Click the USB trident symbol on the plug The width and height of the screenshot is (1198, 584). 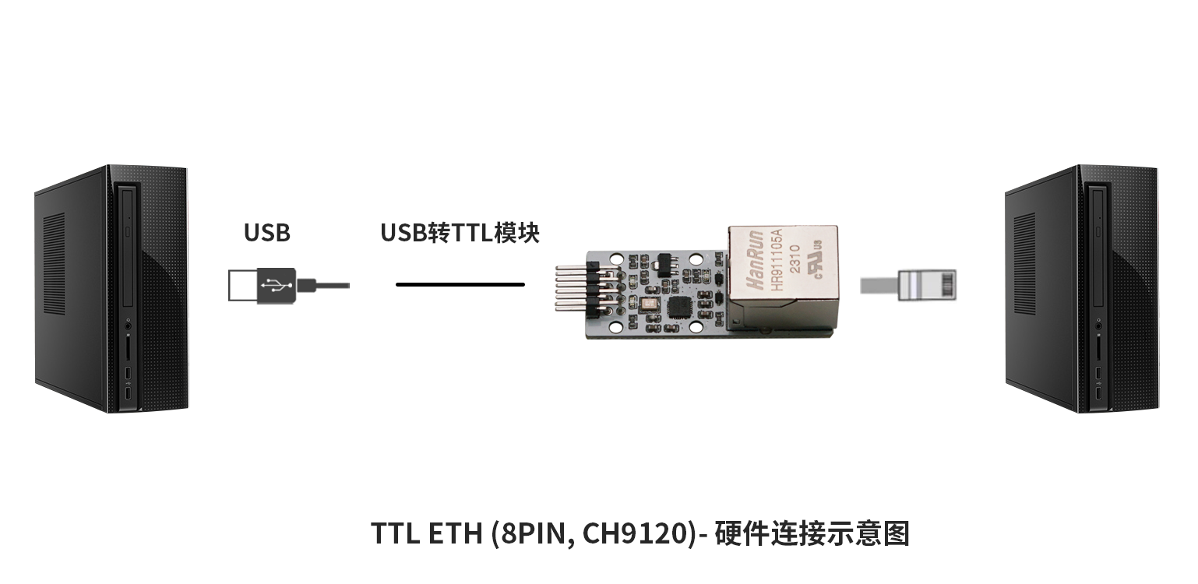pyautogui.click(x=277, y=285)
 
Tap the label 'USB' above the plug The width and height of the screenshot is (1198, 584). pyautogui.click(x=267, y=233)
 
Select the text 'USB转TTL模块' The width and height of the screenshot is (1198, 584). pyautogui.click(x=460, y=233)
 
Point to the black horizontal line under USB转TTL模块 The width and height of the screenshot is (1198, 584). pyautogui.click(x=460, y=284)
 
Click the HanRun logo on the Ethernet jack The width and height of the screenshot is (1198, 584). pyautogui.click(x=755, y=260)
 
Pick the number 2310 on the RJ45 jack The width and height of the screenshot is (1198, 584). pyautogui.click(x=795, y=259)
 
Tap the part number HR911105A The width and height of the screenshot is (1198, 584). pyautogui.click(x=777, y=260)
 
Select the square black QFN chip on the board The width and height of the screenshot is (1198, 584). pyautogui.click(x=679, y=307)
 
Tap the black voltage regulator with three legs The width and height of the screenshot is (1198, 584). pyautogui.click(x=664, y=266)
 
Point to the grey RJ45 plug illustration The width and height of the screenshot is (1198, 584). pyautogui.click(x=908, y=285)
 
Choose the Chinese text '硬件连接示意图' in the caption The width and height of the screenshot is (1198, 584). pyautogui.click(x=812, y=533)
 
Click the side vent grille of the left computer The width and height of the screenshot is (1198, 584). pyautogui.click(x=54, y=265)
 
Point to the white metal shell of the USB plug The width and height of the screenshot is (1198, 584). pyautogui.click(x=243, y=285)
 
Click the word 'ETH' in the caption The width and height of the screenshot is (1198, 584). pyautogui.click(x=455, y=533)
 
